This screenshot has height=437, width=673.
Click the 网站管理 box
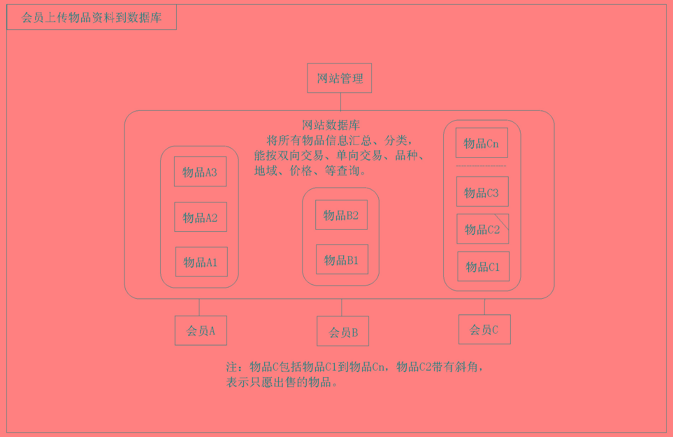click(x=339, y=78)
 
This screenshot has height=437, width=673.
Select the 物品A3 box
click(x=200, y=172)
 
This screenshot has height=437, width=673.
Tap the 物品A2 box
click(x=201, y=217)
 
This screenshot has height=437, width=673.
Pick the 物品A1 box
click(x=201, y=262)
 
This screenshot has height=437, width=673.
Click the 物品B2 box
click(x=341, y=215)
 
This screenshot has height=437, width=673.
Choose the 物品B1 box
click(x=342, y=260)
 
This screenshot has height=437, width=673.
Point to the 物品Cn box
click(x=482, y=143)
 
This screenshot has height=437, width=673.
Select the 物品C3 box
click(x=482, y=192)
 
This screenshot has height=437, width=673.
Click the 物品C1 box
click(x=483, y=266)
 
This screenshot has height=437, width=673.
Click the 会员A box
click(x=201, y=331)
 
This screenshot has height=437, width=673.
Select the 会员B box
click(x=343, y=331)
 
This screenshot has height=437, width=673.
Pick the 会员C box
click(x=484, y=329)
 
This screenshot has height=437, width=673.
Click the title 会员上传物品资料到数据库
click(x=92, y=17)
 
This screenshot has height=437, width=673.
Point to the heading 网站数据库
click(x=331, y=125)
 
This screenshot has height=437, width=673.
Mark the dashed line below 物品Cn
click(x=481, y=166)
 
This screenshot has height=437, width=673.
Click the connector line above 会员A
click(x=199, y=307)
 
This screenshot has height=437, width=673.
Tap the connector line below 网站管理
click(x=340, y=101)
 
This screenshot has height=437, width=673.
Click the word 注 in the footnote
click(x=232, y=367)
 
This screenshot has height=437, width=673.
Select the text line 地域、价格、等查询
click(x=310, y=171)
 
